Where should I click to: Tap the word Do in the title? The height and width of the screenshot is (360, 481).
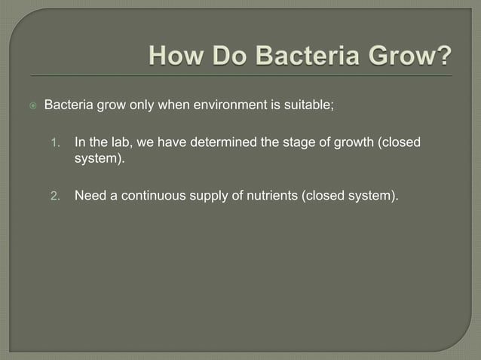(x=225, y=55)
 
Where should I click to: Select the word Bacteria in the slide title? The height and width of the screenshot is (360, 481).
(x=303, y=55)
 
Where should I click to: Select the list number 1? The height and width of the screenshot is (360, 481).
(x=54, y=142)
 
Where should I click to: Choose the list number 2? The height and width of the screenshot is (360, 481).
(x=54, y=197)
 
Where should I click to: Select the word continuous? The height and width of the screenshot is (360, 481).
(x=155, y=197)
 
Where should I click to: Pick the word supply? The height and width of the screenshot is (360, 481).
(x=213, y=197)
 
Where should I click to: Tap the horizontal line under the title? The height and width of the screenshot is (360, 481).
(x=241, y=76)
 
